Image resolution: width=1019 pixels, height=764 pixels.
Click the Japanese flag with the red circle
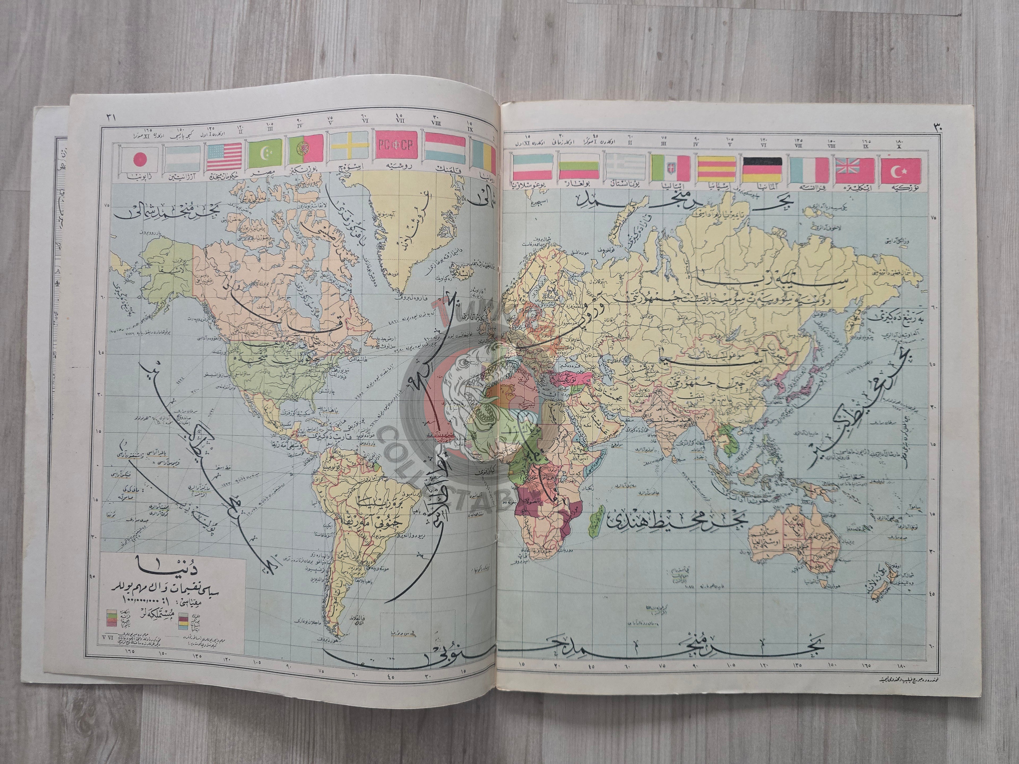point(139,160)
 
